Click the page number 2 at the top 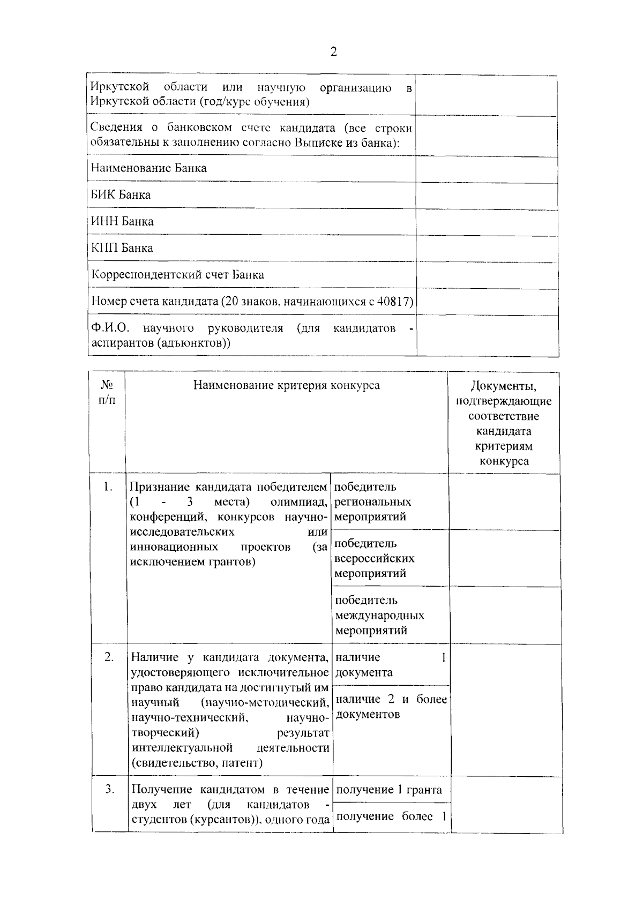click(333, 52)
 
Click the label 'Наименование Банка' click(148, 168)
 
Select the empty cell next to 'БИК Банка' click(487, 195)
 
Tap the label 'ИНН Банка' click(122, 222)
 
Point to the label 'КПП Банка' click(122, 248)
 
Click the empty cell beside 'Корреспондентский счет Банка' click(487, 275)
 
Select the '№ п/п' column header click(107, 393)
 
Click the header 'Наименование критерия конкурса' click(287, 385)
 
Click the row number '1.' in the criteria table click(108, 487)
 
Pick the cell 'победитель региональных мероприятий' click(373, 502)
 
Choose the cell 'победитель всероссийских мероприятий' click(374, 558)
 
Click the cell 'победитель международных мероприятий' click(379, 615)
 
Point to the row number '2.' click(109, 657)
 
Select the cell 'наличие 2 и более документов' click(391, 707)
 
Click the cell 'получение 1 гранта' click(389, 790)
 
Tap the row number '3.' click(109, 789)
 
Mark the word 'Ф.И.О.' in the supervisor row click(110, 328)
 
